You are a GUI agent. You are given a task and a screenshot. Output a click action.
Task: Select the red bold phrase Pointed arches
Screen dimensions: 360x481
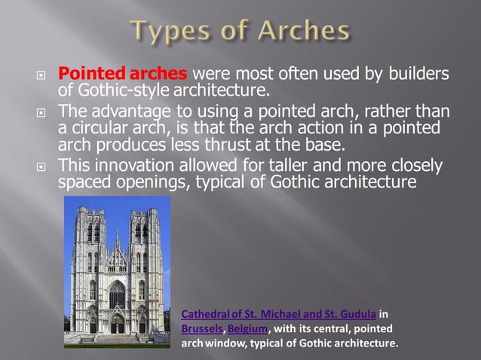point(123,75)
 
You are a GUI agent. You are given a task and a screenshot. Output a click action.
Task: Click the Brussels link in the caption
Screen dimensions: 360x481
point(202,329)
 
